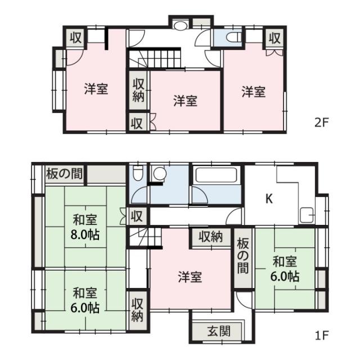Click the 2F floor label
[322, 123]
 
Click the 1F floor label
[322, 336]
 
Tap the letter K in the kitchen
[269, 199]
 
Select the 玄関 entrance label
[219, 331]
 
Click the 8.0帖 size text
[85, 235]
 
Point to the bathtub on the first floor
[216, 175]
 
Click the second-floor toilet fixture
[233, 37]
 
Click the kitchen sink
[307, 215]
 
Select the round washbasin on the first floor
[160, 174]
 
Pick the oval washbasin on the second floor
[181, 25]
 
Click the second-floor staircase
[154, 58]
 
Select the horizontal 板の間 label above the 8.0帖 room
[64, 174]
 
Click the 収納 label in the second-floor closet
[138, 90]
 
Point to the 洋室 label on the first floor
[190, 277]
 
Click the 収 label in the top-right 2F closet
[274, 38]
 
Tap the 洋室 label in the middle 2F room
[185, 101]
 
